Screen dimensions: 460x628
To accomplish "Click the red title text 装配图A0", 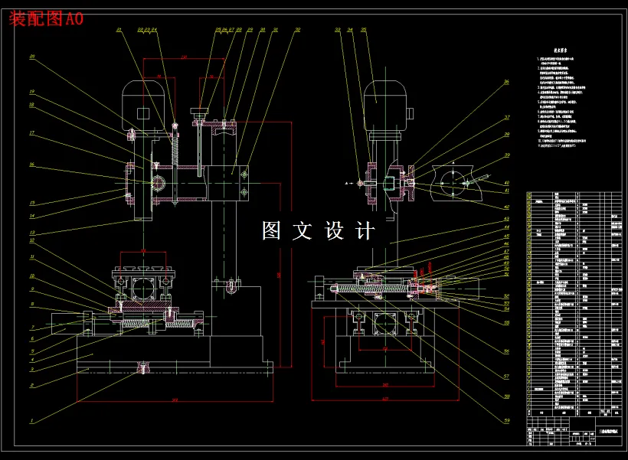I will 46,19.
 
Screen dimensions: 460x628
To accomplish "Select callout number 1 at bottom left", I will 31,420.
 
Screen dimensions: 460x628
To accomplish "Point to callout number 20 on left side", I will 32,57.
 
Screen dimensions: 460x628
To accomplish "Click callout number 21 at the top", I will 119,30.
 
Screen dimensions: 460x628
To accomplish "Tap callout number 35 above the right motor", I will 363,30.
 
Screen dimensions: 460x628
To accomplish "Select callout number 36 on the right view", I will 505,82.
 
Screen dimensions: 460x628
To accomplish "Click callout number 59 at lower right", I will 506,419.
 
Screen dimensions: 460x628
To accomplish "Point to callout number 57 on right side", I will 506,376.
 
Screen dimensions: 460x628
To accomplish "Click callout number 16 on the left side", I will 32,164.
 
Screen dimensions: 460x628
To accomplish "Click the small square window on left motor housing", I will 142,113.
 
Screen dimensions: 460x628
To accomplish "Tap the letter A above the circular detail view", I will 452,162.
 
